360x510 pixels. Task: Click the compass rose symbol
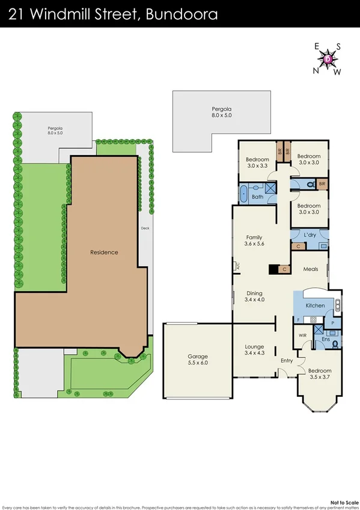[x=328, y=59]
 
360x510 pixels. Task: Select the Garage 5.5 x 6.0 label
[x=197, y=360]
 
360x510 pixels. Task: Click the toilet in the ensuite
[x=335, y=343]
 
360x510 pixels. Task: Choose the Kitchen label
[x=315, y=306]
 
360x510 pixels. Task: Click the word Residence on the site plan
[x=104, y=252]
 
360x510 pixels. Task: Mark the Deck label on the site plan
[x=144, y=229]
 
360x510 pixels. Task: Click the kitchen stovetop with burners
[x=313, y=320]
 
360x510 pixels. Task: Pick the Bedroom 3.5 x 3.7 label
[x=319, y=375]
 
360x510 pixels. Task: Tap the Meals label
[x=311, y=269]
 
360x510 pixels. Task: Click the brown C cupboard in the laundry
[x=299, y=246]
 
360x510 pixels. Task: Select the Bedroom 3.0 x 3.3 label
[x=258, y=162]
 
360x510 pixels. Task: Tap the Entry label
[x=287, y=361]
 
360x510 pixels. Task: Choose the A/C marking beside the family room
[x=237, y=265]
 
